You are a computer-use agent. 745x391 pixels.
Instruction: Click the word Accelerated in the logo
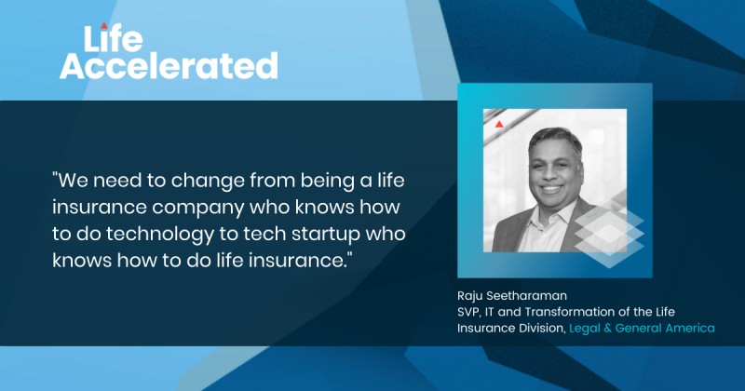coord(169,66)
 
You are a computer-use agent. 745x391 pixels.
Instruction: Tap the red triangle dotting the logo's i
coord(104,25)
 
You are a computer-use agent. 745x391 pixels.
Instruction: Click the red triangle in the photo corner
coord(499,125)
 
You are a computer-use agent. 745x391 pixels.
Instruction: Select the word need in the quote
coord(119,181)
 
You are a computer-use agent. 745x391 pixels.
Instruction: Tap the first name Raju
coord(472,296)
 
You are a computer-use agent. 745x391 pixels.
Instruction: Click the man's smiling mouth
coord(551,189)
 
